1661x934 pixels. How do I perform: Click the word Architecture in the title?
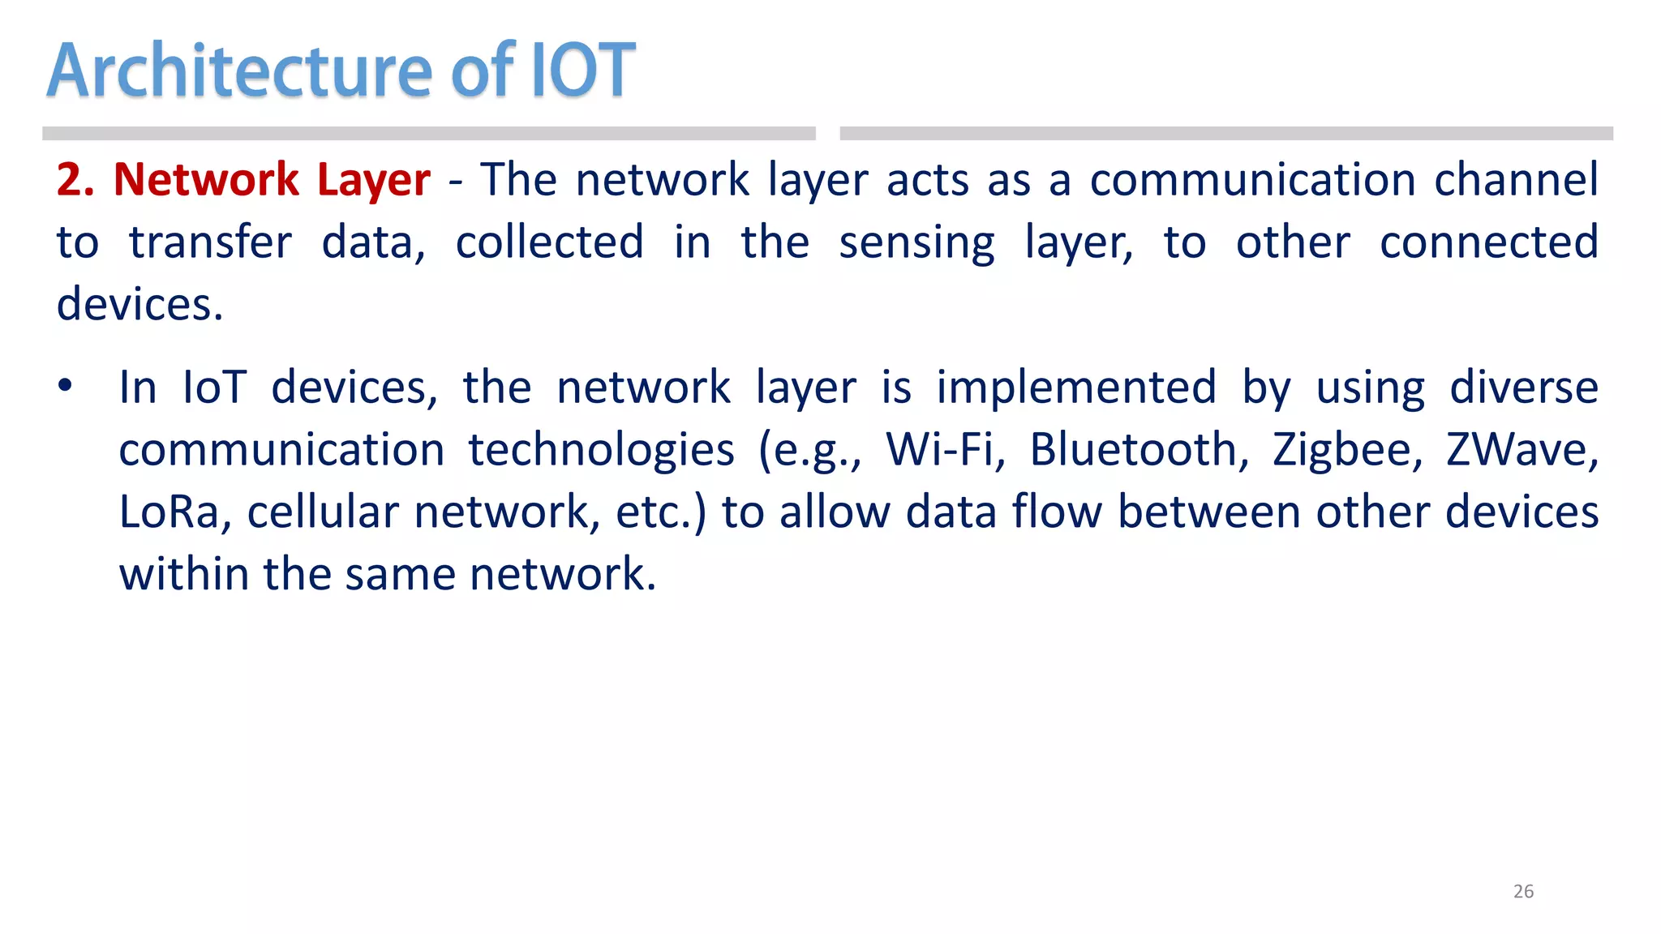click(240, 71)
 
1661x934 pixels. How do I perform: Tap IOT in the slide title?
click(582, 71)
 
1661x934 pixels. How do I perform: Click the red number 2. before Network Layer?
click(75, 180)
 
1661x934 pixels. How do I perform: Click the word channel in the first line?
click(1515, 180)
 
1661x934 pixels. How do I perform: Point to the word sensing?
click(916, 243)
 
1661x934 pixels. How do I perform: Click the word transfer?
click(210, 242)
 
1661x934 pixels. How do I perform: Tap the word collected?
click(549, 242)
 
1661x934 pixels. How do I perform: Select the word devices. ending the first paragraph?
click(139, 305)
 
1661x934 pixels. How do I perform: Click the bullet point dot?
click(65, 386)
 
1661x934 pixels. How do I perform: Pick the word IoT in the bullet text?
click(214, 388)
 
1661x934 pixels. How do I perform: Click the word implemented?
click(1075, 388)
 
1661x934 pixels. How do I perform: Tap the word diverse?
click(1523, 388)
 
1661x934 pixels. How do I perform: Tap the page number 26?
click(1523, 891)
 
